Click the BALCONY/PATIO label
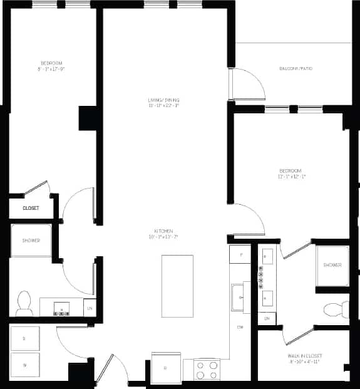pyautogui.click(x=296, y=68)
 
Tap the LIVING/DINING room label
pyautogui.click(x=164, y=100)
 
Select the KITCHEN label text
pyautogui.click(x=164, y=231)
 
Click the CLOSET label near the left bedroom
pyautogui.click(x=31, y=208)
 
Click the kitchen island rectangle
pyautogui.click(x=177, y=286)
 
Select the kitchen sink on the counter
pyautogui.click(x=238, y=297)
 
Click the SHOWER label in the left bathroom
pyautogui.click(x=31, y=241)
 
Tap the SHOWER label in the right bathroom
pyautogui.click(x=332, y=265)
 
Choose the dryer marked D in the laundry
pyautogui.click(x=24, y=338)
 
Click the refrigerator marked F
pyautogui.click(x=239, y=254)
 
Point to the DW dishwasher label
pyautogui.click(x=240, y=327)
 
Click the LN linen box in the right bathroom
pyautogui.click(x=266, y=319)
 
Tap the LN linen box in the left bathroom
pyautogui.click(x=90, y=308)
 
